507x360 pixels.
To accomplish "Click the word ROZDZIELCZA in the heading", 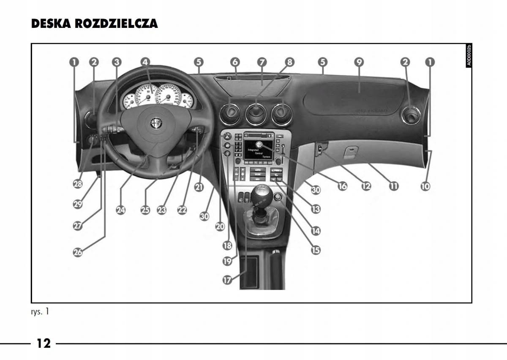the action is point(117,24).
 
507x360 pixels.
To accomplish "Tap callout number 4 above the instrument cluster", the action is point(145,62).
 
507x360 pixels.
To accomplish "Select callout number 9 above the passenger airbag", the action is point(359,62).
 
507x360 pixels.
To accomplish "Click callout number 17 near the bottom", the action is point(227,280).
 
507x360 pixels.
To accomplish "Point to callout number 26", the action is point(78,252).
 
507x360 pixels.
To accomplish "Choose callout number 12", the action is point(366,185).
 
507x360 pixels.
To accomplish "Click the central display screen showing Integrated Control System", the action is point(259,150).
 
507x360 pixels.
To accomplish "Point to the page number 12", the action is point(43,343).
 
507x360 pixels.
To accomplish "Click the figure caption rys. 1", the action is point(40,312).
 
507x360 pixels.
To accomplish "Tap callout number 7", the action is point(262,62).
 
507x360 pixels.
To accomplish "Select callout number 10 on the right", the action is point(425,185).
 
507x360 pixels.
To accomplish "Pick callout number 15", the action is point(316,250).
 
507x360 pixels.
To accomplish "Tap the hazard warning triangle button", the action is point(226,137).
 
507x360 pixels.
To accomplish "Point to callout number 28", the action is point(78,184).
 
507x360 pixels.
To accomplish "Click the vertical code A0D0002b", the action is point(469,55).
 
